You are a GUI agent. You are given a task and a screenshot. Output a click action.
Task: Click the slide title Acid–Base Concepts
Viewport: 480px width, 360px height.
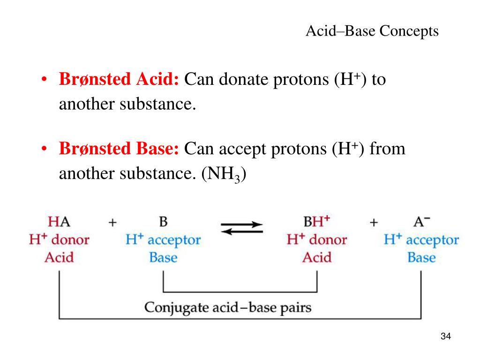(x=372, y=31)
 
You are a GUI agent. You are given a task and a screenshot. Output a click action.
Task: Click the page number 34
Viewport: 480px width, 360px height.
(x=446, y=336)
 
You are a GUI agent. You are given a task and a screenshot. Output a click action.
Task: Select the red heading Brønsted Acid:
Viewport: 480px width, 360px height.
(x=119, y=80)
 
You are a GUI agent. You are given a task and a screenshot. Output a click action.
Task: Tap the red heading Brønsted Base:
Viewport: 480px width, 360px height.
(x=119, y=149)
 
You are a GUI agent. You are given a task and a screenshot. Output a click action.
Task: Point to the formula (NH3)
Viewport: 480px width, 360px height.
(x=224, y=174)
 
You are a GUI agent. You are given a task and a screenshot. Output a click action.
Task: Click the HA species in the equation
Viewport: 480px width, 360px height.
(x=59, y=222)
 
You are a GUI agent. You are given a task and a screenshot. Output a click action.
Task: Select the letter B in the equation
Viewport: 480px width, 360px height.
(x=163, y=222)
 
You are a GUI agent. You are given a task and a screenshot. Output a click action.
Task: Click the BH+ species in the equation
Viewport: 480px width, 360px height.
(x=316, y=221)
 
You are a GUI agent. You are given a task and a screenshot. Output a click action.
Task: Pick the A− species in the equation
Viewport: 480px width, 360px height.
(x=421, y=221)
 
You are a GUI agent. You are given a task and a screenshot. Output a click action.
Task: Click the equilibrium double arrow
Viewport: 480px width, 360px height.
(x=242, y=228)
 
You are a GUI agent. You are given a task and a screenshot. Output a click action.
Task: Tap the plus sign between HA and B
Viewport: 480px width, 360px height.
(x=112, y=223)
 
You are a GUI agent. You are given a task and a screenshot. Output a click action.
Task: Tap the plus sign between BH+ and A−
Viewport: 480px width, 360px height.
(x=374, y=223)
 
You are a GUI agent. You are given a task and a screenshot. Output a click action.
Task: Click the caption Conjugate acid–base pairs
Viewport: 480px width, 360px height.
(x=228, y=307)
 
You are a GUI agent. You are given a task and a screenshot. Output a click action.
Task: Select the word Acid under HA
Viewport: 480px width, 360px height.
(x=59, y=257)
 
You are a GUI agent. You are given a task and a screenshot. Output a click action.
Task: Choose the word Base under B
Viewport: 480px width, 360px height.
(x=163, y=257)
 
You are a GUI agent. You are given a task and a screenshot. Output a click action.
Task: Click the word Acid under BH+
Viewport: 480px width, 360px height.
(x=317, y=257)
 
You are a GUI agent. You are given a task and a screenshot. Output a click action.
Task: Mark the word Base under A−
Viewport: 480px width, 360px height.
(x=421, y=257)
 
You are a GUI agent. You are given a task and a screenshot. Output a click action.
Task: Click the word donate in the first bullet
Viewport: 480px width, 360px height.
(x=243, y=80)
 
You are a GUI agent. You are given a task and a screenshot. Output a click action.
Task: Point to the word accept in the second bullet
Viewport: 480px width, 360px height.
(x=242, y=150)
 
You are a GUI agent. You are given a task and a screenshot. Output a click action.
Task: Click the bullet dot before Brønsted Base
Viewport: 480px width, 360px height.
(x=45, y=149)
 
